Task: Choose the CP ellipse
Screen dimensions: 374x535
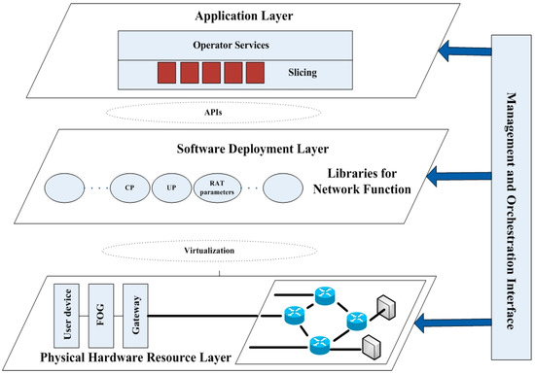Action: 129,185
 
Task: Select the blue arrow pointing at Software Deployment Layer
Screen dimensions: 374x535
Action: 463,177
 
